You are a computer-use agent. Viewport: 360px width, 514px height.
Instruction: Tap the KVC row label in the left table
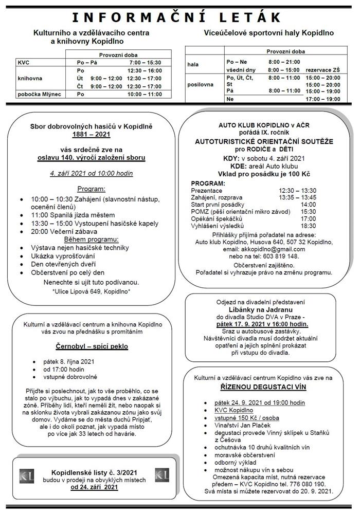pos(24,62)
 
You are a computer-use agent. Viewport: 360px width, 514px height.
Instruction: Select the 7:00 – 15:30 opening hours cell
pos(146,62)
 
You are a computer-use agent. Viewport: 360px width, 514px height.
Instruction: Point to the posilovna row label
pos(200,84)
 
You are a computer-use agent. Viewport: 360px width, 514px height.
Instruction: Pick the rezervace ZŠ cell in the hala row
pos(322,69)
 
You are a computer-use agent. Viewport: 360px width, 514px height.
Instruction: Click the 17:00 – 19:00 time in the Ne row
pos(322,99)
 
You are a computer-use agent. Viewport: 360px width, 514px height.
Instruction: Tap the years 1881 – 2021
pos(91,134)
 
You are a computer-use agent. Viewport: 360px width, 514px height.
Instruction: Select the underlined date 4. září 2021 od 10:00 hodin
pos(91,173)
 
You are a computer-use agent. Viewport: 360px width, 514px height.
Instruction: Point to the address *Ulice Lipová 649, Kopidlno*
pos(92,291)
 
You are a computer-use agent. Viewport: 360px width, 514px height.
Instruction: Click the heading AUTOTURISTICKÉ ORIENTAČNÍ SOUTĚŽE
pos(264,141)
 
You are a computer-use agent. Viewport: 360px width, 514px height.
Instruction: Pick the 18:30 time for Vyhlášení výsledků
pos(309,226)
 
